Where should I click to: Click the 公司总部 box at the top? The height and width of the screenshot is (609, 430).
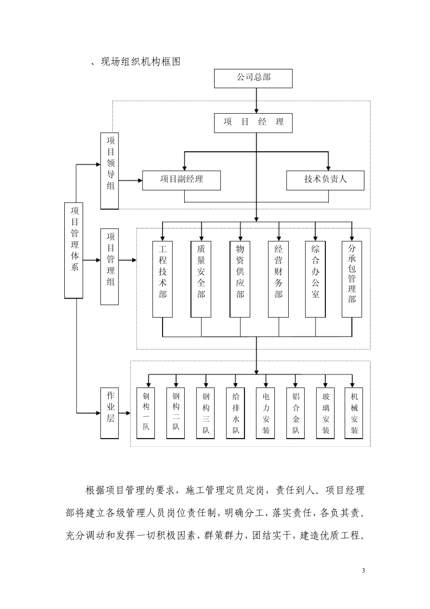[253, 78]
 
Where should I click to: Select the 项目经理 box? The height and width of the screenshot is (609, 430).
[253, 122]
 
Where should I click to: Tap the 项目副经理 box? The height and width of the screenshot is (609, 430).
[181, 180]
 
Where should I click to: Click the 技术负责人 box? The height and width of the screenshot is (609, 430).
[325, 180]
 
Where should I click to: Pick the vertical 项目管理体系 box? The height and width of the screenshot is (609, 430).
[74, 250]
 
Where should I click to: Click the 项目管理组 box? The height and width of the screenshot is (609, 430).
[110, 266]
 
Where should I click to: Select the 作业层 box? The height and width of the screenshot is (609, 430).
[110, 412]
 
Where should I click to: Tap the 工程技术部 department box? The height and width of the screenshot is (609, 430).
[163, 279]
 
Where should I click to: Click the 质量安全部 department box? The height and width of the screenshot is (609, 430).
[201, 279]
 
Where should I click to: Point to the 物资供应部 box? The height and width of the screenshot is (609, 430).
[240, 279]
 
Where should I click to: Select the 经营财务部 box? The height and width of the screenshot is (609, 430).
[278, 279]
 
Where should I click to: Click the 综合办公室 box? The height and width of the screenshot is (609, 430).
[315, 279]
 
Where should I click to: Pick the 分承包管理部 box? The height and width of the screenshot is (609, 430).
[352, 279]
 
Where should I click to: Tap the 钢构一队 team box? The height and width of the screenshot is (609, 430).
[146, 413]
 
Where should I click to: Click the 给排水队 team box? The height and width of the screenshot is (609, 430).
[236, 413]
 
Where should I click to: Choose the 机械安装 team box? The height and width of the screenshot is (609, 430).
[354, 413]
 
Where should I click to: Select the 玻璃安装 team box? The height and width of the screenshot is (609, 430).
[325, 413]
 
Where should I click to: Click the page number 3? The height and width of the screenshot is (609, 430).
[363, 570]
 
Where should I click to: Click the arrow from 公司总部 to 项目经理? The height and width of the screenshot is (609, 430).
[257, 100]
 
